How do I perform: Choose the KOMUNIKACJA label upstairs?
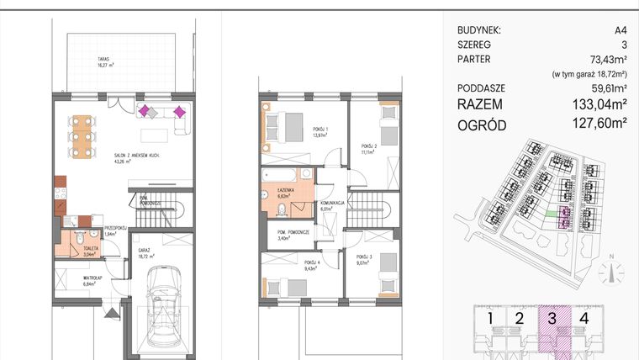click(x=334, y=209)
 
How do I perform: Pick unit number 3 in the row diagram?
click(x=552, y=318)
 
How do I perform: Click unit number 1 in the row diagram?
click(x=490, y=318)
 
